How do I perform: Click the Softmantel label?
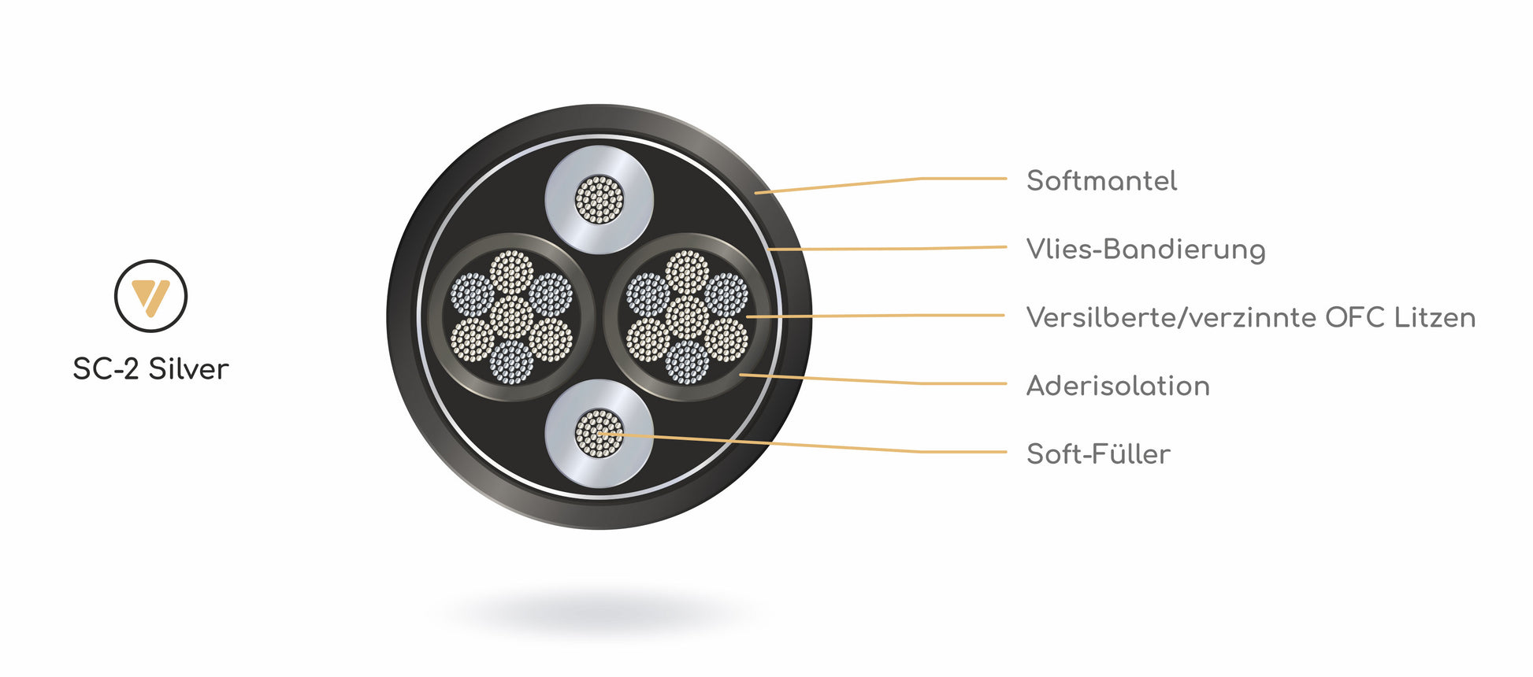click(x=1101, y=181)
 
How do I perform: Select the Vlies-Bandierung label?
click(x=1145, y=250)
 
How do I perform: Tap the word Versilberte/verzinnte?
click(x=1171, y=318)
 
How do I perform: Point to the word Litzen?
click(x=1434, y=317)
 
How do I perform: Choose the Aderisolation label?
click(x=1117, y=386)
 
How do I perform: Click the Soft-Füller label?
click(x=1097, y=454)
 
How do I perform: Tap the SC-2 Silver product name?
click(x=150, y=369)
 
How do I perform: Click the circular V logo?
click(x=150, y=296)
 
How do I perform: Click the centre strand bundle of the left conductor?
click(x=511, y=317)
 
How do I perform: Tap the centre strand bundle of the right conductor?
click(x=687, y=317)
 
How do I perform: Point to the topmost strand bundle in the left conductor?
click(x=511, y=272)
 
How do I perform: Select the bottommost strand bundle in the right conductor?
click(x=687, y=362)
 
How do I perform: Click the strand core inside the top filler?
click(x=599, y=199)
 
